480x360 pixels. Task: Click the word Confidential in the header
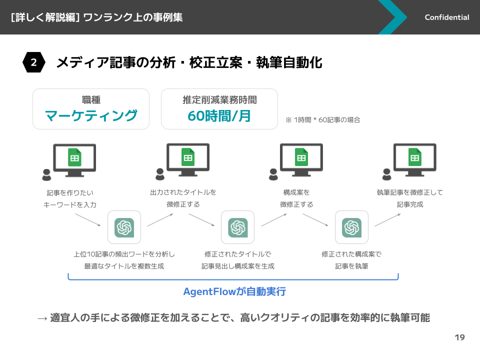pos(446,17)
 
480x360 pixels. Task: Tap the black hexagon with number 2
pos(33,62)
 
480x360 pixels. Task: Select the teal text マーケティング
pos(91,115)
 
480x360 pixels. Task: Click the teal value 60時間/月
pos(219,115)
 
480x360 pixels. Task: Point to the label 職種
pos(91,100)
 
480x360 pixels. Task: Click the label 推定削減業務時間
pos(219,100)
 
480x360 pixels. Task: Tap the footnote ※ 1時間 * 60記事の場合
pos(322,120)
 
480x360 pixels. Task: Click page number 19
pos(459,337)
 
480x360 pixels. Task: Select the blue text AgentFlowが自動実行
pos(234,291)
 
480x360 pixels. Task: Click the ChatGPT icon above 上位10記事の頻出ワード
pos(124,227)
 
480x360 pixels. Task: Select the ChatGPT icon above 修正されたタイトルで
pos(237,227)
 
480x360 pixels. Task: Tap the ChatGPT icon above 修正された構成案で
pos(351,227)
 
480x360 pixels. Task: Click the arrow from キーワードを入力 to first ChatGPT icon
pos(88,219)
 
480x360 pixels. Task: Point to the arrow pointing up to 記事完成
pos(387,220)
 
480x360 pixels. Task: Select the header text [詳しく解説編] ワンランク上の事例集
pos(96,17)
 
